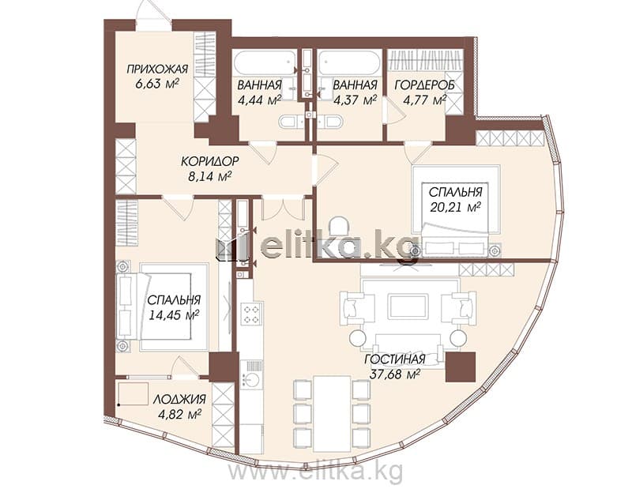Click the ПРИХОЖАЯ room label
(x=157, y=69)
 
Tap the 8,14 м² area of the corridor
(x=209, y=176)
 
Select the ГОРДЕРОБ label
(x=424, y=85)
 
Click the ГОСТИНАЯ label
(x=395, y=359)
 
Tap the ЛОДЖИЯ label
(x=179, y=399)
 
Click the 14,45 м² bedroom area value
(x=174, y=315)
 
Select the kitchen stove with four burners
(x=250, y=314)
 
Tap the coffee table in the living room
(x=408, y=307)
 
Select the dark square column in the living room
(x=461, y=367)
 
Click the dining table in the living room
(x=332, y=414)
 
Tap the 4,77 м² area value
(x=425, y=100)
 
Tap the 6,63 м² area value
(x=157, y=84)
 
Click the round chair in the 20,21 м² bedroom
(x=338, y=225)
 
